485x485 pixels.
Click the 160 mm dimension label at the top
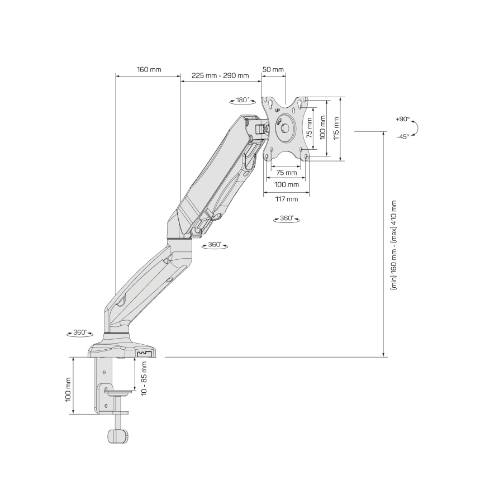pos(149,70)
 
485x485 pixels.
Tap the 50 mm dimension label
pos(273,70)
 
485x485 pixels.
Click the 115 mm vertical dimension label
pos(336,129)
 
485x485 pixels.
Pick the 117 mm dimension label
pos(286,198)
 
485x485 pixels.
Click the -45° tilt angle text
pos(402,136)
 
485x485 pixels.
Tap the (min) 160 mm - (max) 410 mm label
pos(394,245)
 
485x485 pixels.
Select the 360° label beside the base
pos(80,332)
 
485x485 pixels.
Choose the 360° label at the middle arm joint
pos(214,245)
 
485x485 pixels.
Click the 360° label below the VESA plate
pos(286,218)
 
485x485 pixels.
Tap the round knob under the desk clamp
pos(117,435)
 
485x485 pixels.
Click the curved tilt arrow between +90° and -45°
pos(420,128)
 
